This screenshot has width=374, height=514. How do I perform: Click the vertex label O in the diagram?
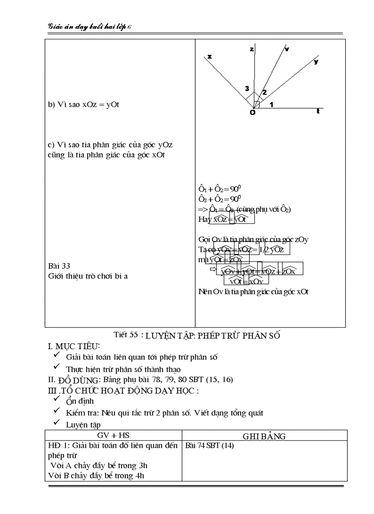point(252,113)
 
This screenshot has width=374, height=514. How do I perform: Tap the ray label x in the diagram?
point(209,56)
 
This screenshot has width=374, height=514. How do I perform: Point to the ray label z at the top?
point(252,49)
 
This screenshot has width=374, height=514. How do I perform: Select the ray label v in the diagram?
point(287,49)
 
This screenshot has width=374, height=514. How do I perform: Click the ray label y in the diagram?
point(316,61)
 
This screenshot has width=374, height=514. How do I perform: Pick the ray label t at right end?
point(318,111)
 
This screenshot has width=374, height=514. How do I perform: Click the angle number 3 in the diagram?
point(247,88)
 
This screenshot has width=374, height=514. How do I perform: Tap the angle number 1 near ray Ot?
point(271,105)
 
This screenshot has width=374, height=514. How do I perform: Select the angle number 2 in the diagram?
point(264,92)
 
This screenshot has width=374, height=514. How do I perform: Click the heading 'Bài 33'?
point(59,265)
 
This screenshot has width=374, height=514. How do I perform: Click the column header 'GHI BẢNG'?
point(264,436)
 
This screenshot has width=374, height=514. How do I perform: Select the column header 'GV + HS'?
point(113,436)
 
